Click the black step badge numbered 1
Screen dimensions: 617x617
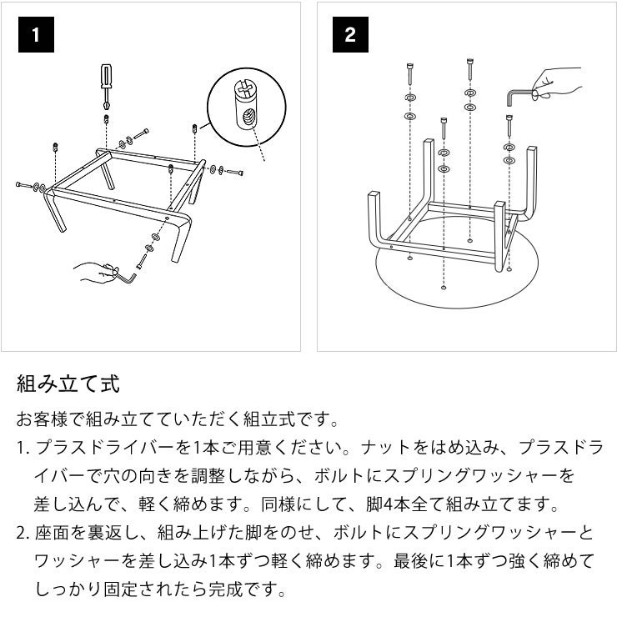click(35, 36)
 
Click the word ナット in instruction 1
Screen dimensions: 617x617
click(384, 448)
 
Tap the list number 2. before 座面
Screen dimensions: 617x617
click(23, 533)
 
